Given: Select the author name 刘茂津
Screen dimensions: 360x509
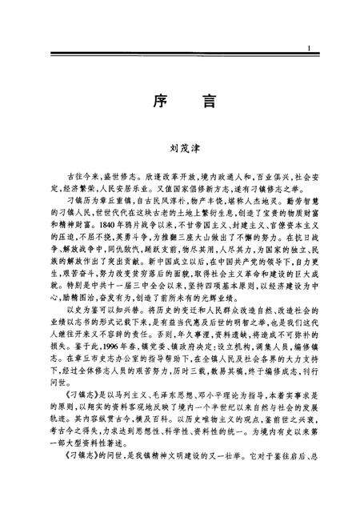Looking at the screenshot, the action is coord(180,147).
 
